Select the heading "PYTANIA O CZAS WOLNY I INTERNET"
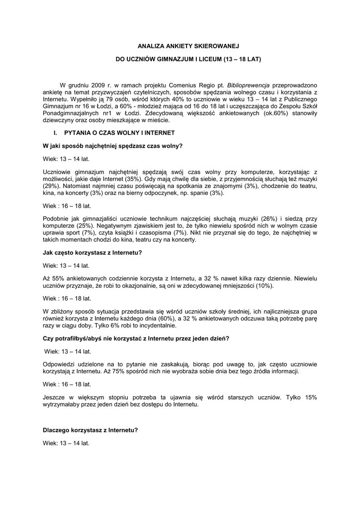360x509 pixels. coord(119,133)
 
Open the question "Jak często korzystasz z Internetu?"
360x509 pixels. coord(92,252)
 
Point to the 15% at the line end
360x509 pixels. coord(310,398)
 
